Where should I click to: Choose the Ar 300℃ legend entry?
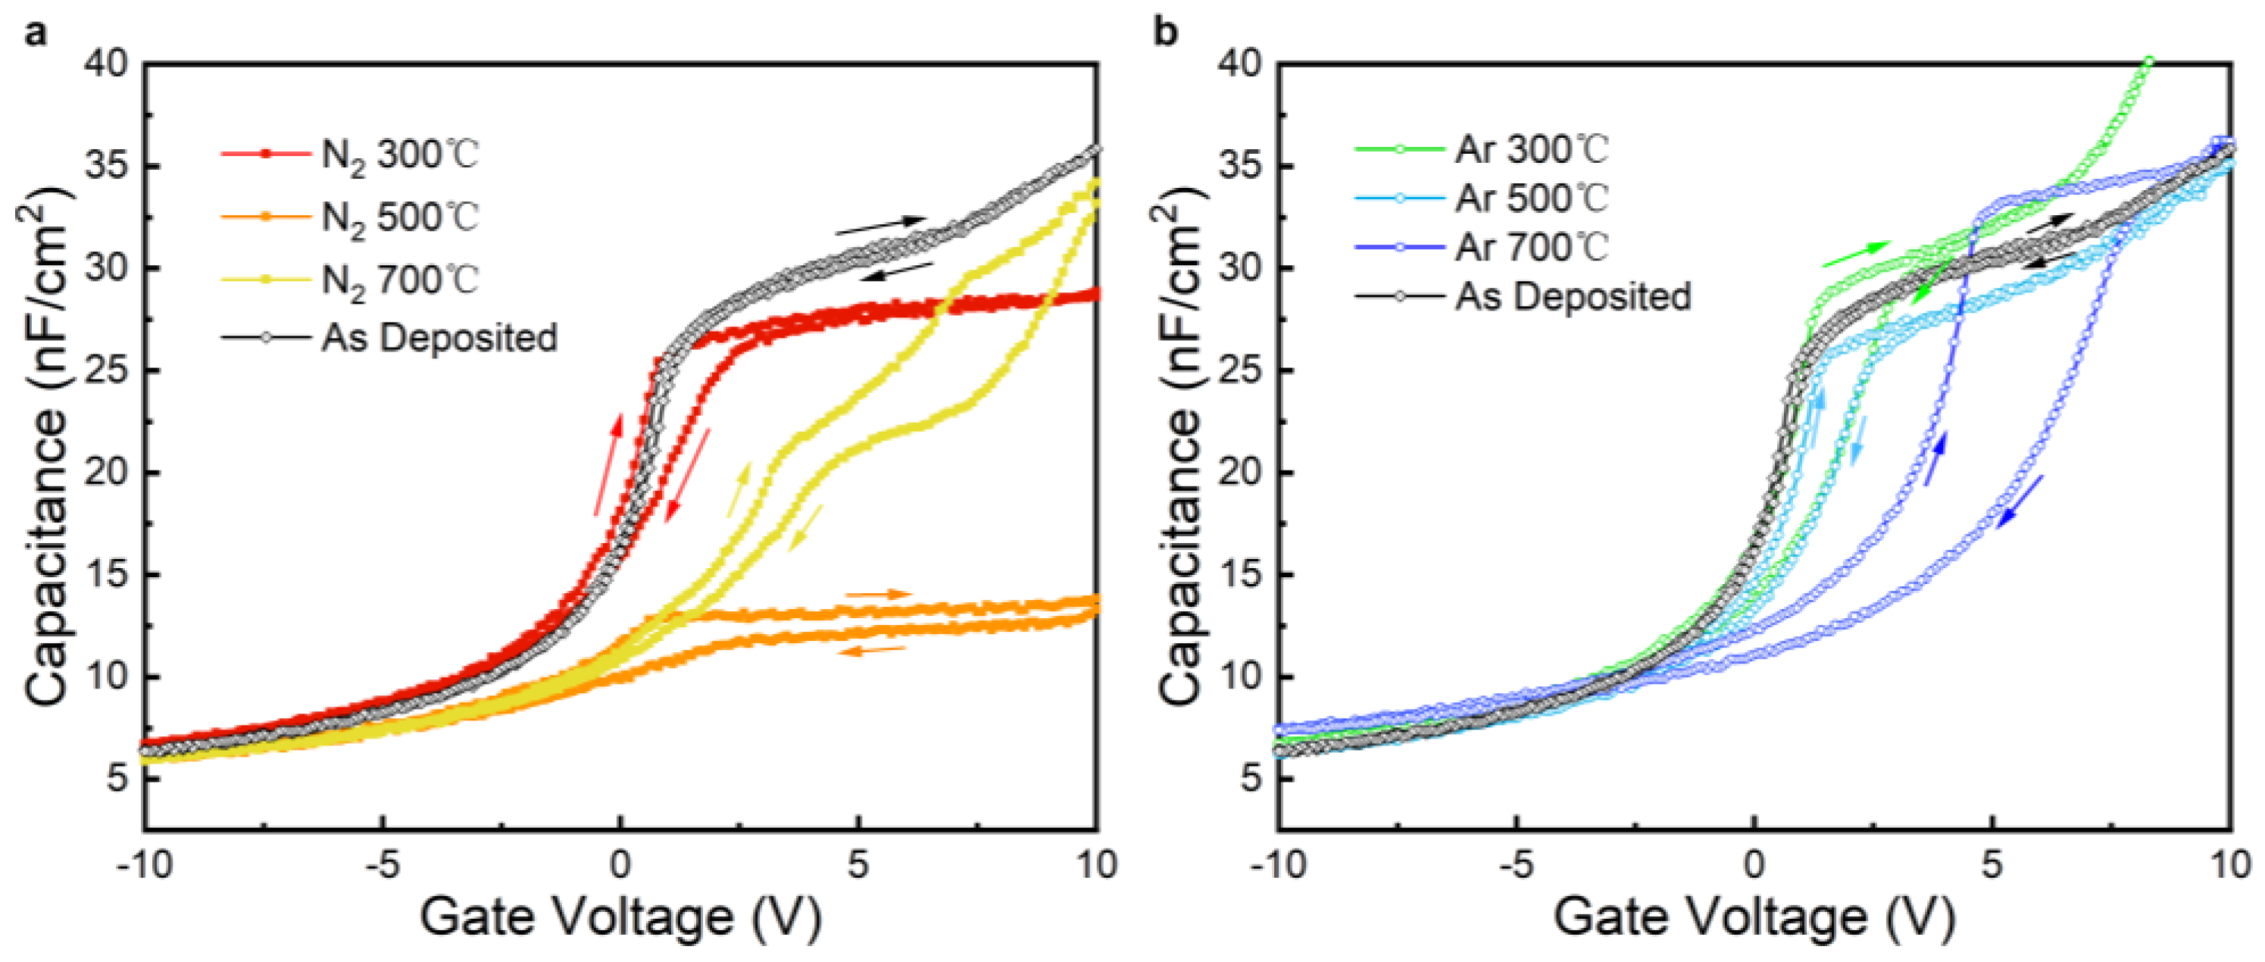click(1531, 148)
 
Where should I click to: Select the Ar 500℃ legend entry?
click(1531, 198)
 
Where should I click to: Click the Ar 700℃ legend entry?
click(1531, 247)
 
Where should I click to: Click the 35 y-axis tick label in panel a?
click(106, 166)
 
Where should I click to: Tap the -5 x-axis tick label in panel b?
click(1516, 865)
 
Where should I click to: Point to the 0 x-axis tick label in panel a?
click(620, 865)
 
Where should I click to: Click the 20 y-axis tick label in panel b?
click(1240, 472)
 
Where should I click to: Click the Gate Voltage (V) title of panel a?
click(620, 918)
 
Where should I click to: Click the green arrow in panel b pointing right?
click(1855, 253)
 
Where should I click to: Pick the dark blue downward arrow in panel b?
click(2020, 501)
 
